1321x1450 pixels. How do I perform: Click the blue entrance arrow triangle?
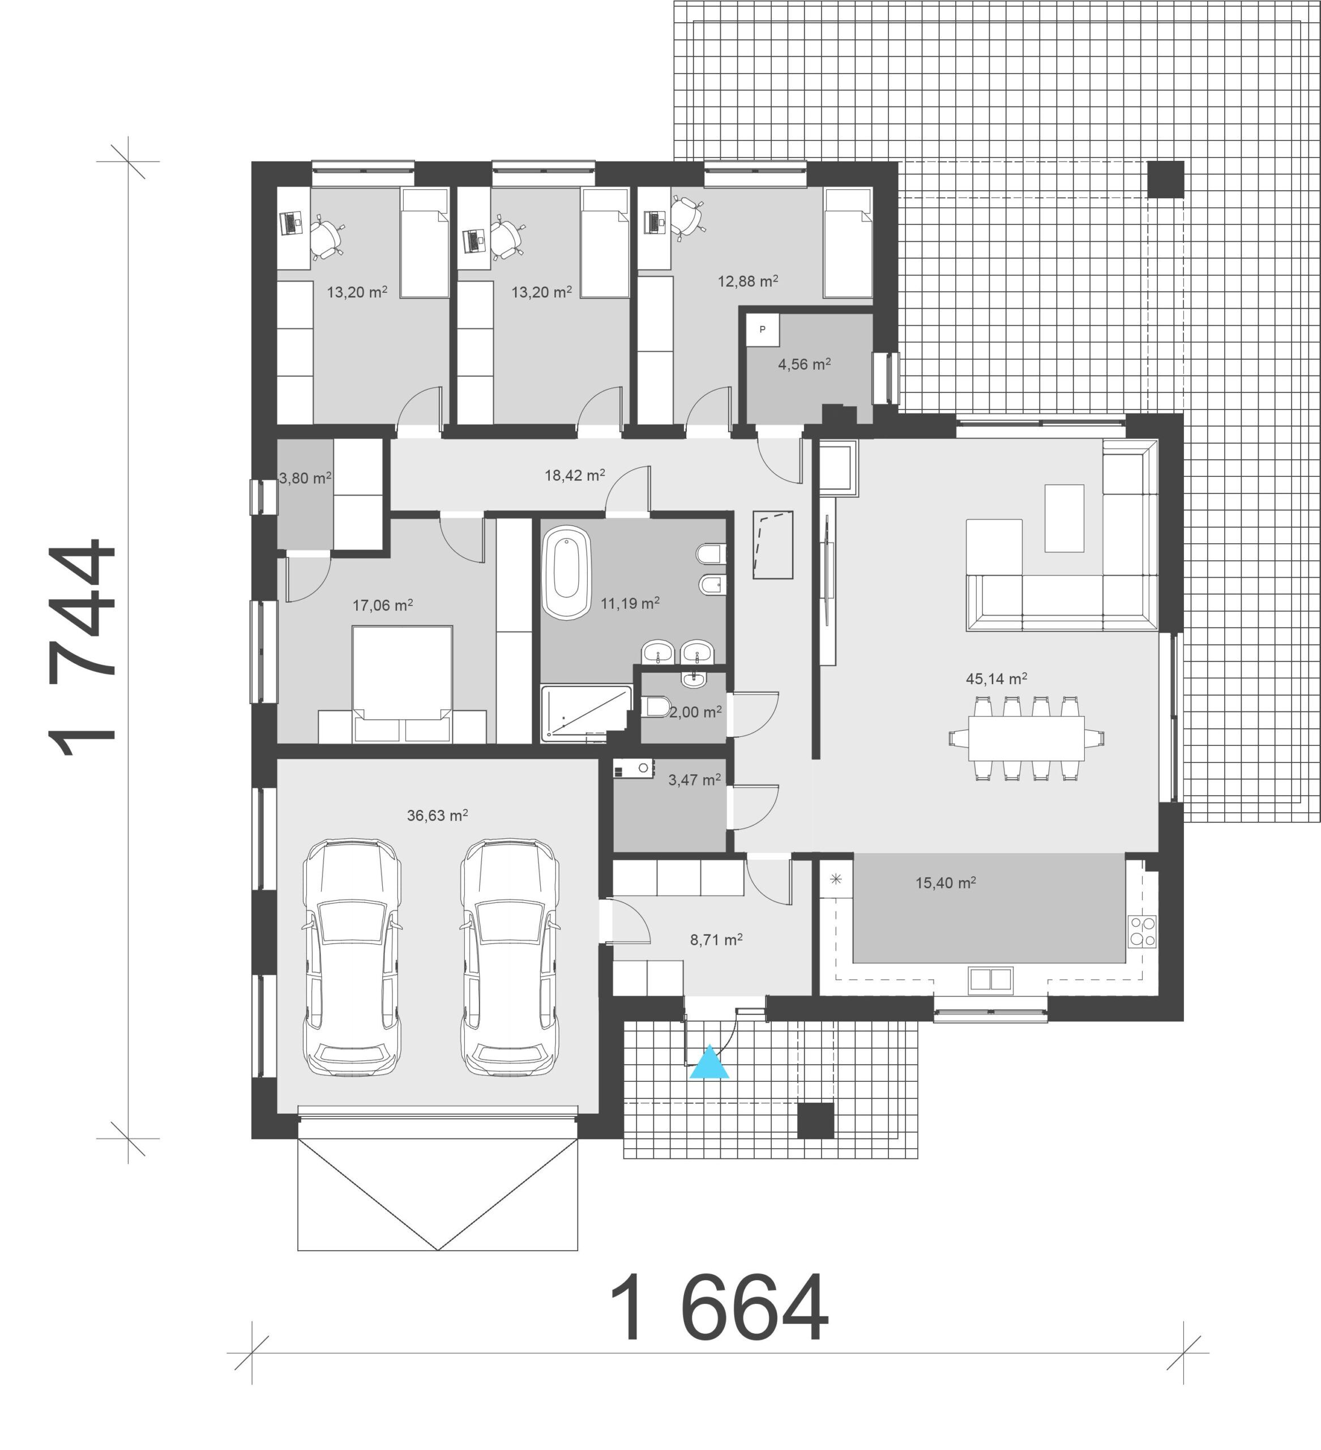click(709, 1063)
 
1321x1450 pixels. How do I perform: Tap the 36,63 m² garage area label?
click(437, 816)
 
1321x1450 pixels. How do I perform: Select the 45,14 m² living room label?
click(996, 678)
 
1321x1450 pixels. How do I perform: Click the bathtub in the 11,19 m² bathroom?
click(567, 573)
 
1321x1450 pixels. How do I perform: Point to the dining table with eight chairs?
click(1026, 738)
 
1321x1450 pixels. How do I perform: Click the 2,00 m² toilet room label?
click(695, 712)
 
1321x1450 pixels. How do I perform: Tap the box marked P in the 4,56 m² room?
click(762, 330)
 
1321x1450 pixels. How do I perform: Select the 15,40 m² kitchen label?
click(945, 882)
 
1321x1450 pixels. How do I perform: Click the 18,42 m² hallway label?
click(575, 475)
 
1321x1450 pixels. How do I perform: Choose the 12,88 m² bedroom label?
click(748, 280)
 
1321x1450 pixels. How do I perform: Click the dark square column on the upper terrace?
click(1165, 179)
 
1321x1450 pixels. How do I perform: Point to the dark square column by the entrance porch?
click(816, 1120)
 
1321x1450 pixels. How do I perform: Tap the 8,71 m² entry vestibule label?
click(716, 939)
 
